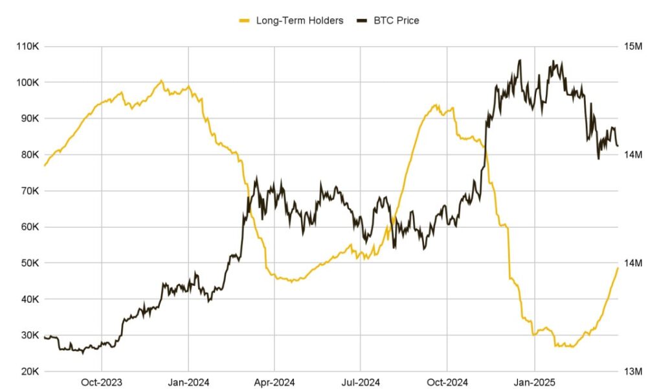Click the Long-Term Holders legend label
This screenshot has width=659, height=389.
(299, 21)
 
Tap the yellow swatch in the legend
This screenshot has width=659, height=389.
(245, 21)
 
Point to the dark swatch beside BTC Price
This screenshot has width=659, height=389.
(361, 21)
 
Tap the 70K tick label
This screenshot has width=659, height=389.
(28, 191)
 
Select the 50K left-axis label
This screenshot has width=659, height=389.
(28, 263)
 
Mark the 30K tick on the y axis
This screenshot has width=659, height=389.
(28, 335)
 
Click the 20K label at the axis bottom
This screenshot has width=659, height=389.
(28, 371)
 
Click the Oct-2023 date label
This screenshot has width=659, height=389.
(102, 383)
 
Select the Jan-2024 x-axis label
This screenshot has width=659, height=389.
(188, 383)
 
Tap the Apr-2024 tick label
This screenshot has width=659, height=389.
(274, 383)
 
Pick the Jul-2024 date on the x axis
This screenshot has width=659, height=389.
(361, 383)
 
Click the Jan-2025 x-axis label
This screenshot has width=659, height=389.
(534, 383)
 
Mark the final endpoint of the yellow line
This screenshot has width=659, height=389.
(618, 268)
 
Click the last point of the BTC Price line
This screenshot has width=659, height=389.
(618, 146)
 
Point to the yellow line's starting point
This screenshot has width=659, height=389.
(44, 166)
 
